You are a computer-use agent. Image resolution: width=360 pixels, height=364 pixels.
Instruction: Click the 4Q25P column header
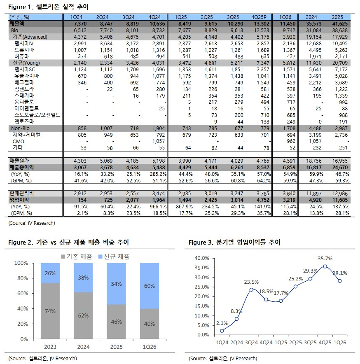pos(259,17)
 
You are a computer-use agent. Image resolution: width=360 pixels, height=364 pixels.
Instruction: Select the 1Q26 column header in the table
pos(285,17)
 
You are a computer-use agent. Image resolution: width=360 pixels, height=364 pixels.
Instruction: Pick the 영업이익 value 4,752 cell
pos(263,200)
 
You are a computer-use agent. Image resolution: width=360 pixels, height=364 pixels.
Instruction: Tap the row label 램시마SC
pos(24,70)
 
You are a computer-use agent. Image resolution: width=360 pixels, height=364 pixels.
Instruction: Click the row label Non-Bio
pos(20,128)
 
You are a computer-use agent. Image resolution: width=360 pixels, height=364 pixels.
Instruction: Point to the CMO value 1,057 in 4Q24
pos(159,141)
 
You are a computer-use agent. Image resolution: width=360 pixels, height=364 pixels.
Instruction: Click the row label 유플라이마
pos(26,76)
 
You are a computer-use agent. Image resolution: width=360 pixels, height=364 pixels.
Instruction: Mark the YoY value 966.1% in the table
pos(158,206)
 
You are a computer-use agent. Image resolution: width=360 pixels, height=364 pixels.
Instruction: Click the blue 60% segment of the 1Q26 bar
pos(150,286)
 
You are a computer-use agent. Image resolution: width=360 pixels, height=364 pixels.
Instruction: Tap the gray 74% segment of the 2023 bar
pos(50,311)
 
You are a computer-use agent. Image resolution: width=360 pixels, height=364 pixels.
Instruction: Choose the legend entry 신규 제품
pos(114,257)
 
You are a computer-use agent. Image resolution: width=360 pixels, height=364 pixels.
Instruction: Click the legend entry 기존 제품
pos(77,257)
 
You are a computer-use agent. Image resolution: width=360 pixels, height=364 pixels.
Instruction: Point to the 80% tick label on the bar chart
pos(23,278)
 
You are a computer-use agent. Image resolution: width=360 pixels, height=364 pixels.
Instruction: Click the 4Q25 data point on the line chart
pos(325,266)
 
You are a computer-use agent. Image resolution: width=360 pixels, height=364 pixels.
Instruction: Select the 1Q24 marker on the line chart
pos(222,331)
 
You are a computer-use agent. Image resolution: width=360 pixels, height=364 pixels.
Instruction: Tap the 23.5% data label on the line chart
pos(251,282)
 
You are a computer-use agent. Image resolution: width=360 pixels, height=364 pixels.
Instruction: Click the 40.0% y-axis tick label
pos(201,258)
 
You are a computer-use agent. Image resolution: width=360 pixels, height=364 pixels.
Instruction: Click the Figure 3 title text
pos(234,243)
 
